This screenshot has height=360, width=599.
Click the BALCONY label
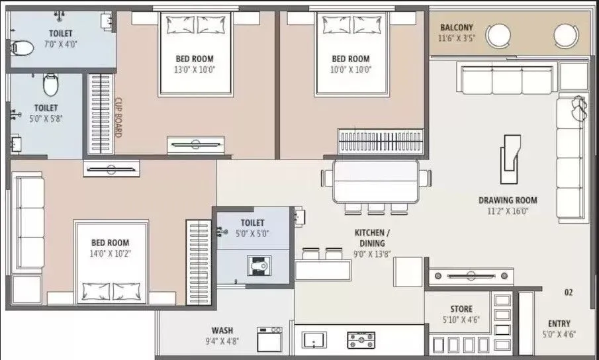(456, 28)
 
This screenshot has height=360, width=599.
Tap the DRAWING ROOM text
(508, 201)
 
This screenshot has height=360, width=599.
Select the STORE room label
(461, 309)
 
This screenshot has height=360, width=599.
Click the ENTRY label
(559, 324)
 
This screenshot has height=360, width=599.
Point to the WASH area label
(222, 330)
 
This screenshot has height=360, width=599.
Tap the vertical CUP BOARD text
(118, 118)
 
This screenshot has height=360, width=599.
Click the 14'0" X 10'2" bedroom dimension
(111, 253)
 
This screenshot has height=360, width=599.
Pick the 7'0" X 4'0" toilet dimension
(60, 43)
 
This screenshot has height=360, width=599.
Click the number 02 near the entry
(568, 292)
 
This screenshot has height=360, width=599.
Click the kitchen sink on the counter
(314, 340)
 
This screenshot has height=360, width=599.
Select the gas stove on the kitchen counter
(361, 340)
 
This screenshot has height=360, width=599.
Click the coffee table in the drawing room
(510, 159)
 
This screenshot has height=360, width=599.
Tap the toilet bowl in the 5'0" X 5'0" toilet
(257, 266)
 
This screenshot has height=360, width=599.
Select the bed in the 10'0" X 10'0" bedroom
(350, 53)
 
